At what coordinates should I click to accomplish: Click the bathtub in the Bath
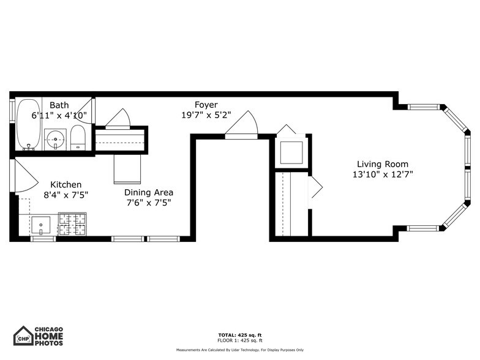(x=28, y=124)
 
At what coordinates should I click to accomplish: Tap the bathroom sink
(x=56, y=139)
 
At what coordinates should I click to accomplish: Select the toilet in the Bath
(x=78, y=138)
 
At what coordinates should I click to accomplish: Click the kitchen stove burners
(x=72, y=224)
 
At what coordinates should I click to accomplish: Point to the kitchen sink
(x=42, y=225)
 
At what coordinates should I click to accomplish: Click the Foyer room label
(x=206, y=105)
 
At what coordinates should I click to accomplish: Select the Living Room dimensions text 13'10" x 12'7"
(x=383, y=175)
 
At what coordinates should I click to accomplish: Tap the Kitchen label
(x=66, y=184)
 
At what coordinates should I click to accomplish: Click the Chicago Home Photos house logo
(x=23, y=336)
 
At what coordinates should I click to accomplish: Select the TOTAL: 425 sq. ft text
(x=240, y=335)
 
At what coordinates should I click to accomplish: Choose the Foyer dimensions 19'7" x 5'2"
(x=206, y=115)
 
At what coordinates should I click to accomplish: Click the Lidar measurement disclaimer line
(x=240, y=350)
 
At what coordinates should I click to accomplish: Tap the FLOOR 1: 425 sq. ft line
(x=240, y=340)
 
